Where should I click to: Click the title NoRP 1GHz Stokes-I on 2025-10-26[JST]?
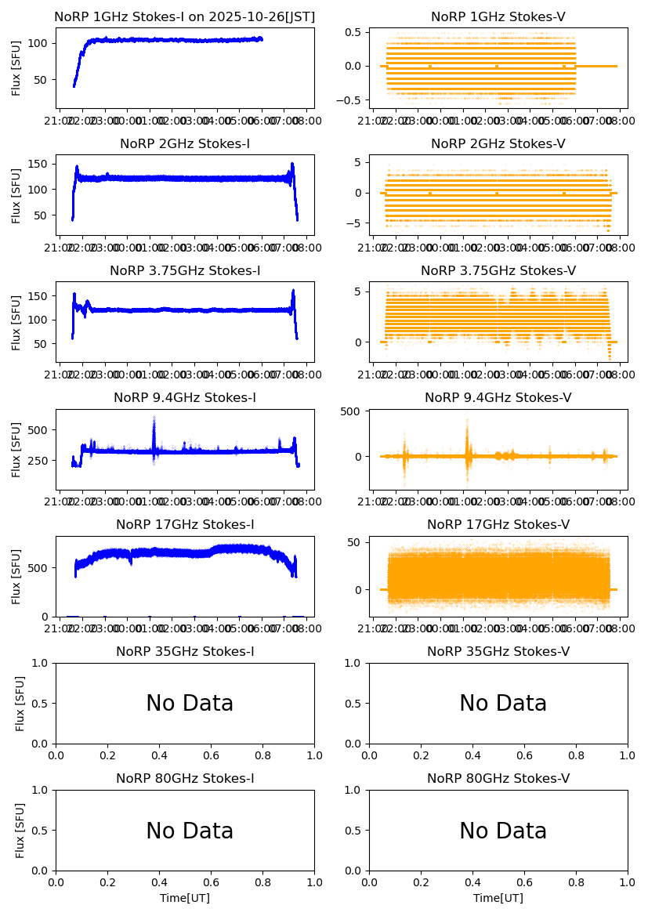tap(185, 16)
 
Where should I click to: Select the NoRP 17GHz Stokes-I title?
tap(185, 525)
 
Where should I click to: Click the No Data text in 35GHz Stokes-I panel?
tap(190, 704)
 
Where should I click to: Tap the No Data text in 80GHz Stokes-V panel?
tap(503, 831)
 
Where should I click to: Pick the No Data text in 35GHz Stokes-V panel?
tap(503, 704)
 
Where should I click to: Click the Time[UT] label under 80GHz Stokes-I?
tap(185, 898)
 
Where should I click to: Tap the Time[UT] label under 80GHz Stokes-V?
tap(498, 898)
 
